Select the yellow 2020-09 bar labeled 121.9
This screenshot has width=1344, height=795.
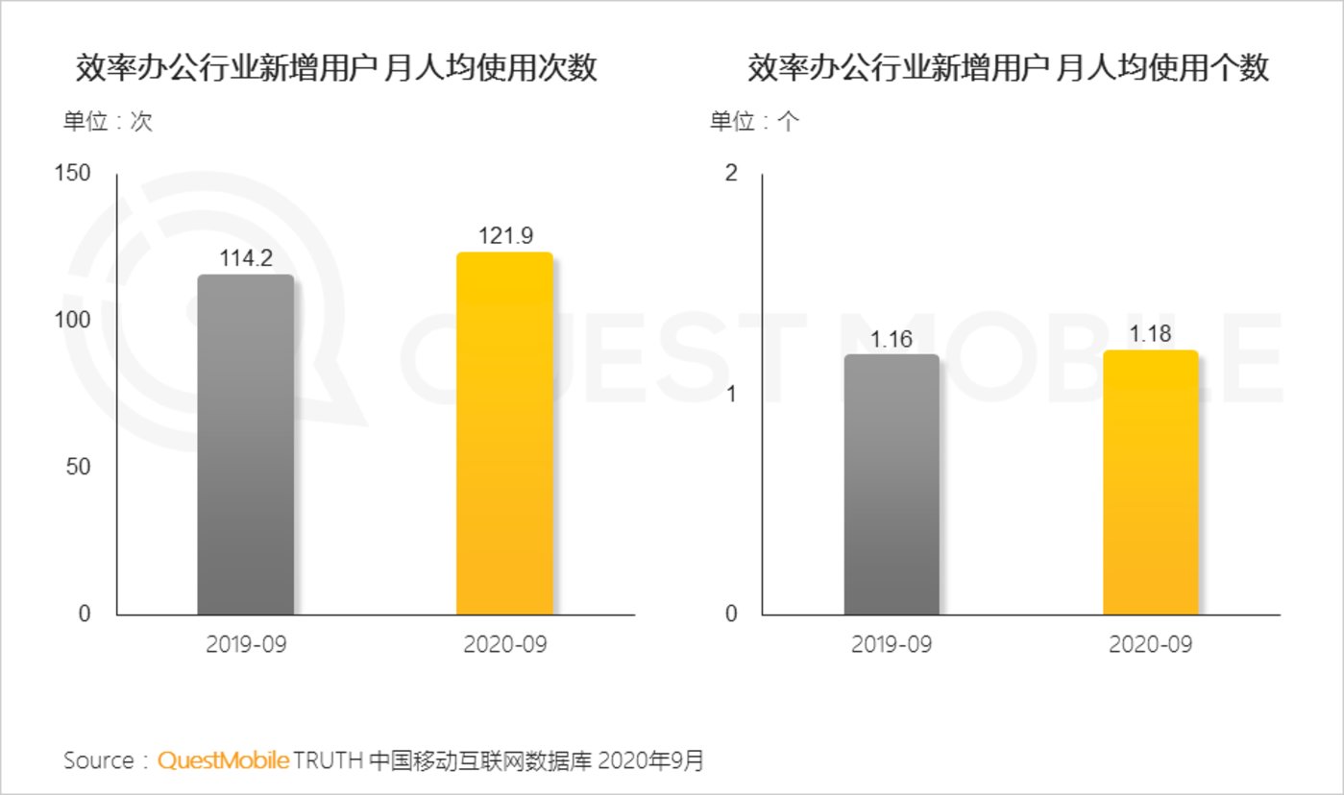504,433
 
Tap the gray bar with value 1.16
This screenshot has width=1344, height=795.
892,484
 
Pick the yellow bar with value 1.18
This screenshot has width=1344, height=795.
1150,482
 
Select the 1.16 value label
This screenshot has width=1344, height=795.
892,339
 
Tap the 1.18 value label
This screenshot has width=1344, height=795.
1150,335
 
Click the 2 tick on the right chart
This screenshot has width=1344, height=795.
732,174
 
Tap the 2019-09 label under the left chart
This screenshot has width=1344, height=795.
246,644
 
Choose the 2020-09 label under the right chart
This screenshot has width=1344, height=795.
1150,644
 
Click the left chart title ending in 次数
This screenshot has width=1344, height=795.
336,69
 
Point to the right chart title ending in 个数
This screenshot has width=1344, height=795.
1009,69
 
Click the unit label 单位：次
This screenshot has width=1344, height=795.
108,122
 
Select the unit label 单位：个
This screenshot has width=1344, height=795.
754,122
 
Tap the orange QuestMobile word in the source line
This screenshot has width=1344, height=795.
222,761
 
